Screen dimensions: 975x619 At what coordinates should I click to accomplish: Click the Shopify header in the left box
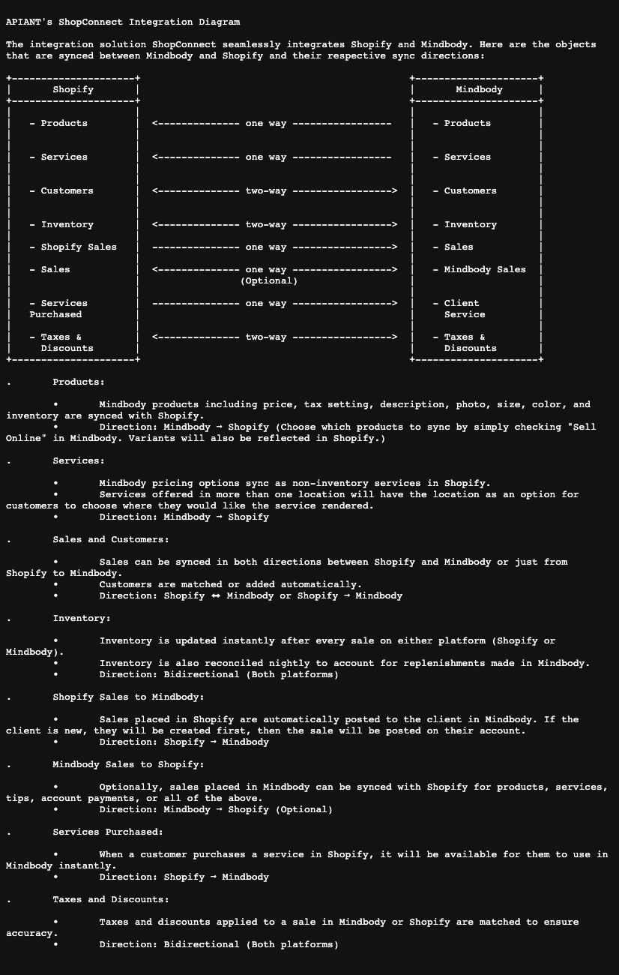[73, 89]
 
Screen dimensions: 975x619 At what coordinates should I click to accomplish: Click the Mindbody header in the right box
[479, 89]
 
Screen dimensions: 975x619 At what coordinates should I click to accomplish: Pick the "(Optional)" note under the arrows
[269, 280]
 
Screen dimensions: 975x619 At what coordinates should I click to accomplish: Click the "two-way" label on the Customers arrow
[266, 190]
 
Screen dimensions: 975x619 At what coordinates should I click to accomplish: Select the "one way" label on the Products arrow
[266, 123]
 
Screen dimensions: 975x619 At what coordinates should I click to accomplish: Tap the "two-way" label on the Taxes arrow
[266, 337]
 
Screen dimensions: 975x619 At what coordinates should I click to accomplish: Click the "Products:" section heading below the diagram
[79, 382]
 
